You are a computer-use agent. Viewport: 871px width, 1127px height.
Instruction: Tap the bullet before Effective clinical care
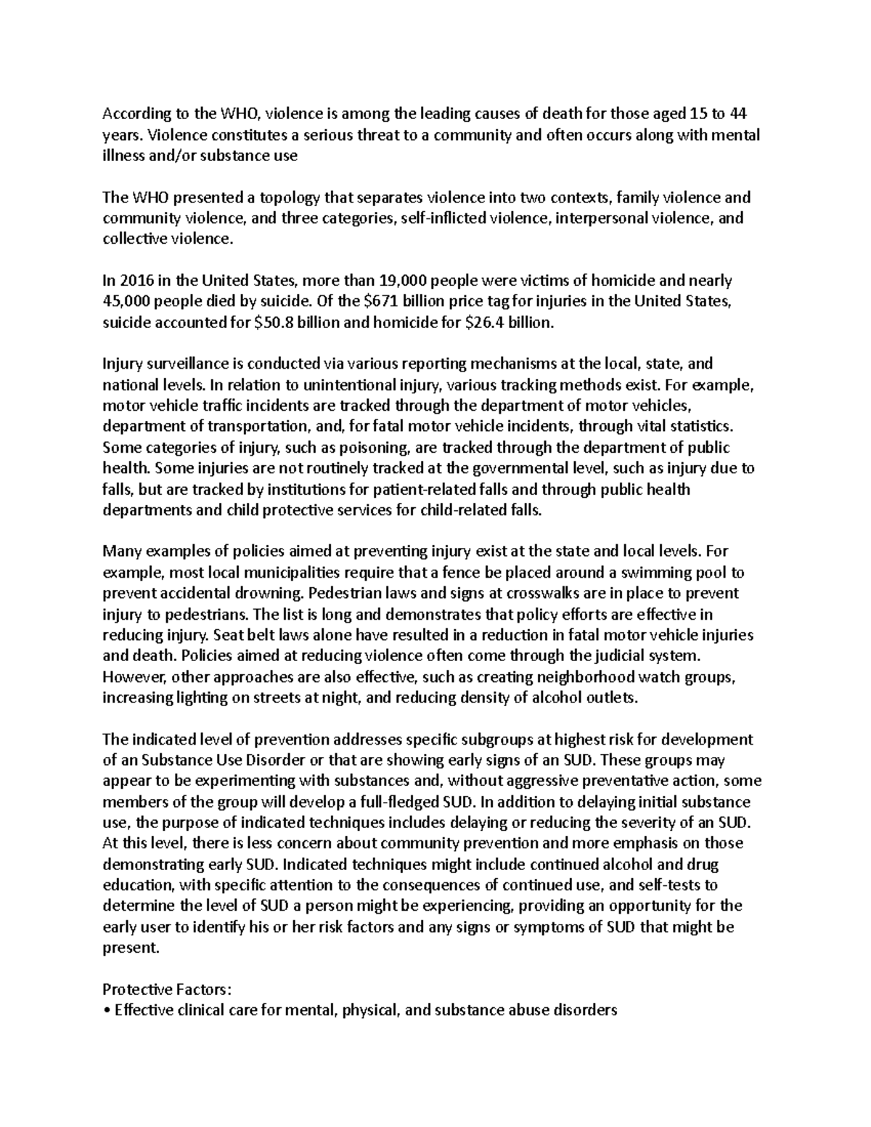107,1010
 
